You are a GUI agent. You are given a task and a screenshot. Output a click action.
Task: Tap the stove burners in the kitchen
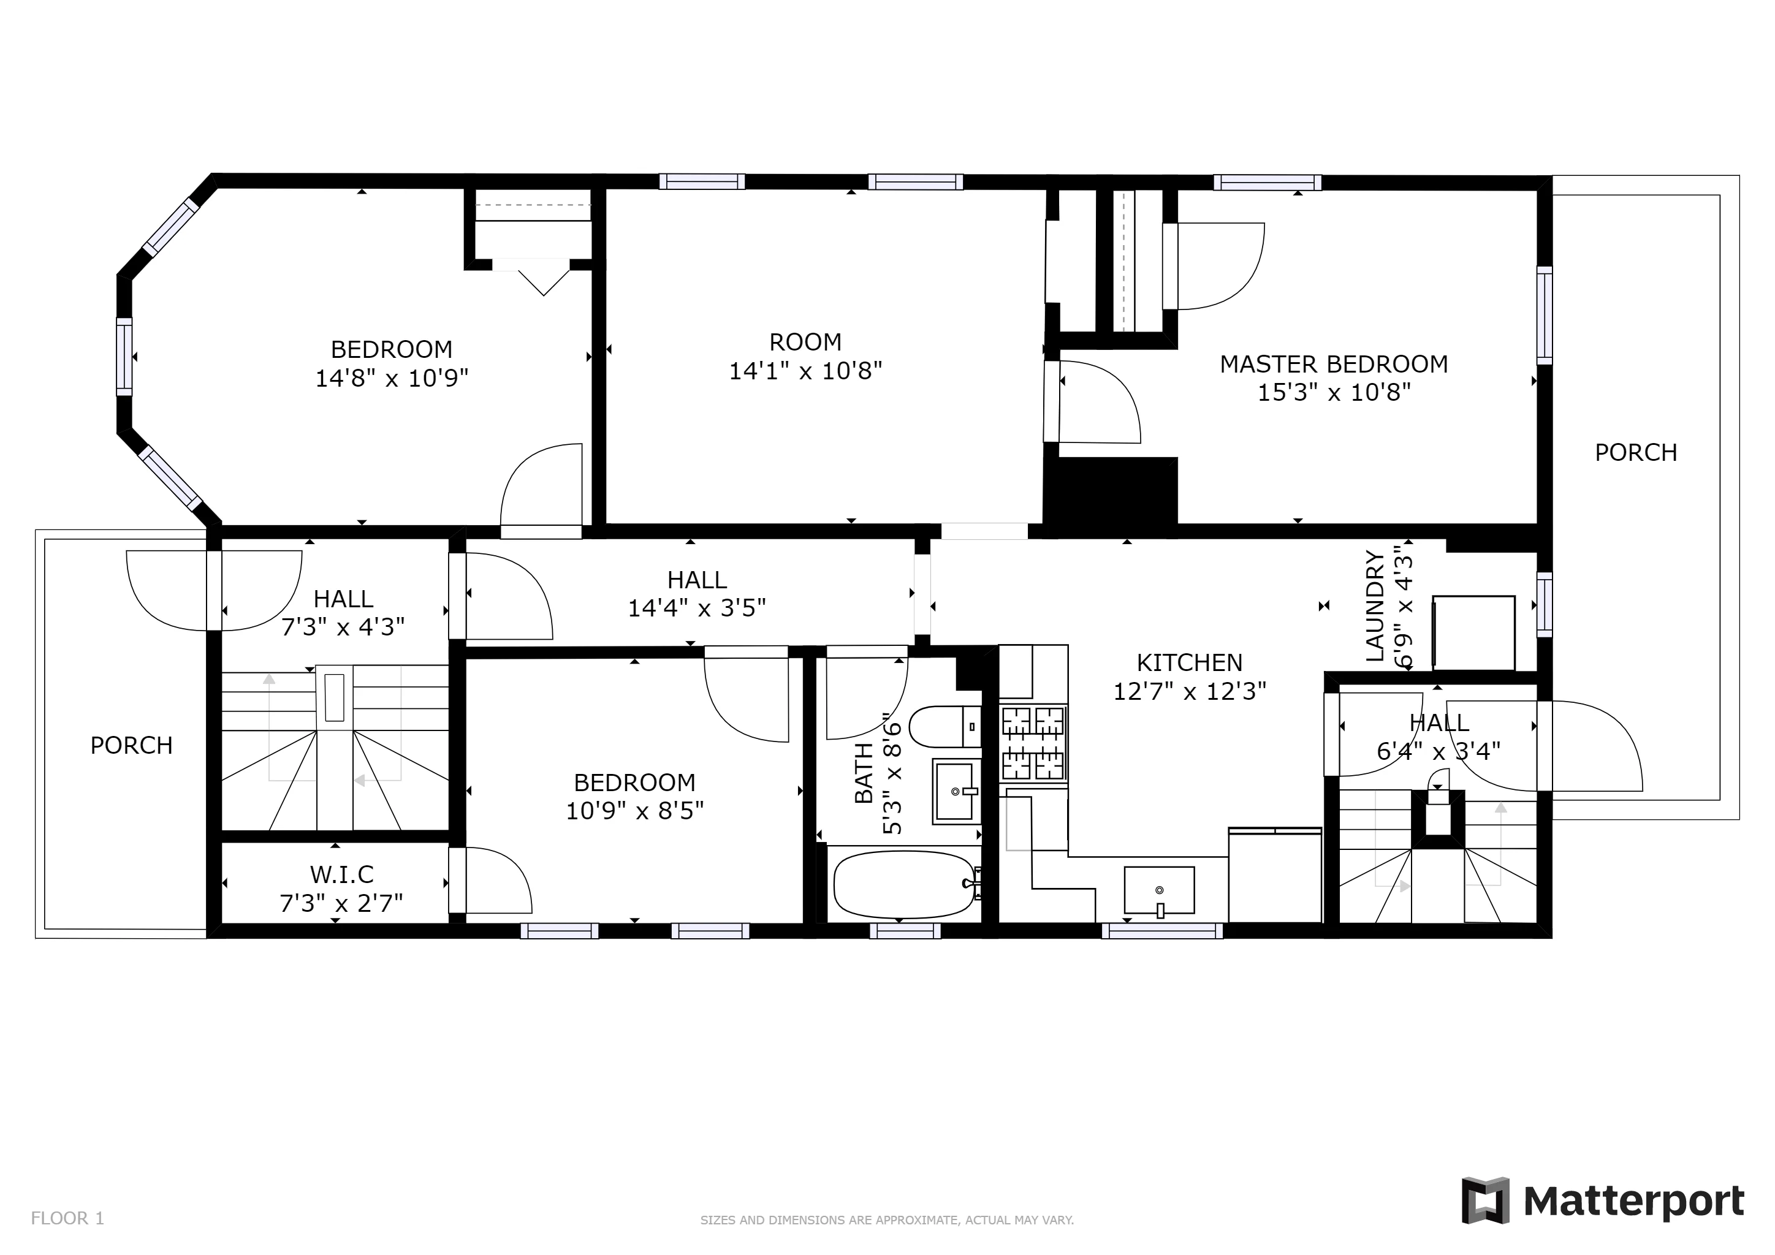1033,743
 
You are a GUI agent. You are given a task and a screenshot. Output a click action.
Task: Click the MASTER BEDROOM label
1334,364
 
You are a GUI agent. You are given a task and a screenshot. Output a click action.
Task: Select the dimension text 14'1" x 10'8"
805,371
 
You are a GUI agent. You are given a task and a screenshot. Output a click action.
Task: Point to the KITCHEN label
1189,662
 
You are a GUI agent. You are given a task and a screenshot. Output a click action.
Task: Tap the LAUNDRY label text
1375,606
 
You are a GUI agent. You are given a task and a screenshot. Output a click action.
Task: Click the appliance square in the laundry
1473,632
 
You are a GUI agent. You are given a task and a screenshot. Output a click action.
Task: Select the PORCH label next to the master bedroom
1636,452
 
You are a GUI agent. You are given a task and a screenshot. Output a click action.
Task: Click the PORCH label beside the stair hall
131,745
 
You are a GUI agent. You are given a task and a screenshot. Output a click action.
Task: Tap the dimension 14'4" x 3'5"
696,608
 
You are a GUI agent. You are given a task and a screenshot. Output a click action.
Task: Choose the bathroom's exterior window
905,932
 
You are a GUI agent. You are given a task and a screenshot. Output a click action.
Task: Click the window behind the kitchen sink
1161,932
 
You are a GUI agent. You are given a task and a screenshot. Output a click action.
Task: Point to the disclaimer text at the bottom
887,1220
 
